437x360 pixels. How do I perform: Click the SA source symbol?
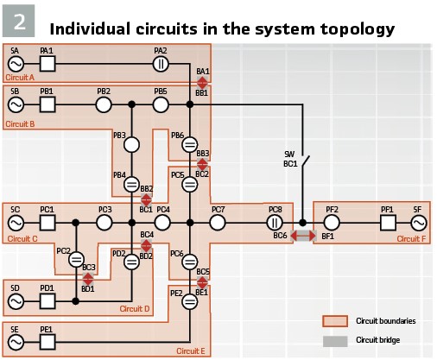point(16,64)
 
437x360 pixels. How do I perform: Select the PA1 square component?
point(47,64)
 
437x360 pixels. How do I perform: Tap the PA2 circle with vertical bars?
point(161,64)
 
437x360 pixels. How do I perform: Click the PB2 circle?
point(104,104)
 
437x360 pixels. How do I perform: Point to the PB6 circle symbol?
point(190,144)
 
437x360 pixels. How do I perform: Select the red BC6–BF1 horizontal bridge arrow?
point(303,236)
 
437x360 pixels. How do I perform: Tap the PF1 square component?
point(388,223)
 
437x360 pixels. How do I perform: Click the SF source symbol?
point(418,223)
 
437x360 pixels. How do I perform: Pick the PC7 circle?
point(218,223)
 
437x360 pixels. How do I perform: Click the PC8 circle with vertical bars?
point(275,223)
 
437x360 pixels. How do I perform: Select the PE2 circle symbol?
point(190,301)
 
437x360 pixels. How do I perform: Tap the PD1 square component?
point(47,301)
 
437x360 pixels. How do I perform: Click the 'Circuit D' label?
point(135,309)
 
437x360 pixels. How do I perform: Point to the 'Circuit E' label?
point(191,351)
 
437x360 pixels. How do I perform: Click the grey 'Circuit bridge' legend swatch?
point(335,341)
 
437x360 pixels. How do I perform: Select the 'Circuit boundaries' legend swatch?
point(335,321)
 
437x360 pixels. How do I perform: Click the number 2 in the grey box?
point(19,22)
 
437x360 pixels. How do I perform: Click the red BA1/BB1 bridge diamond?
point(202,83)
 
